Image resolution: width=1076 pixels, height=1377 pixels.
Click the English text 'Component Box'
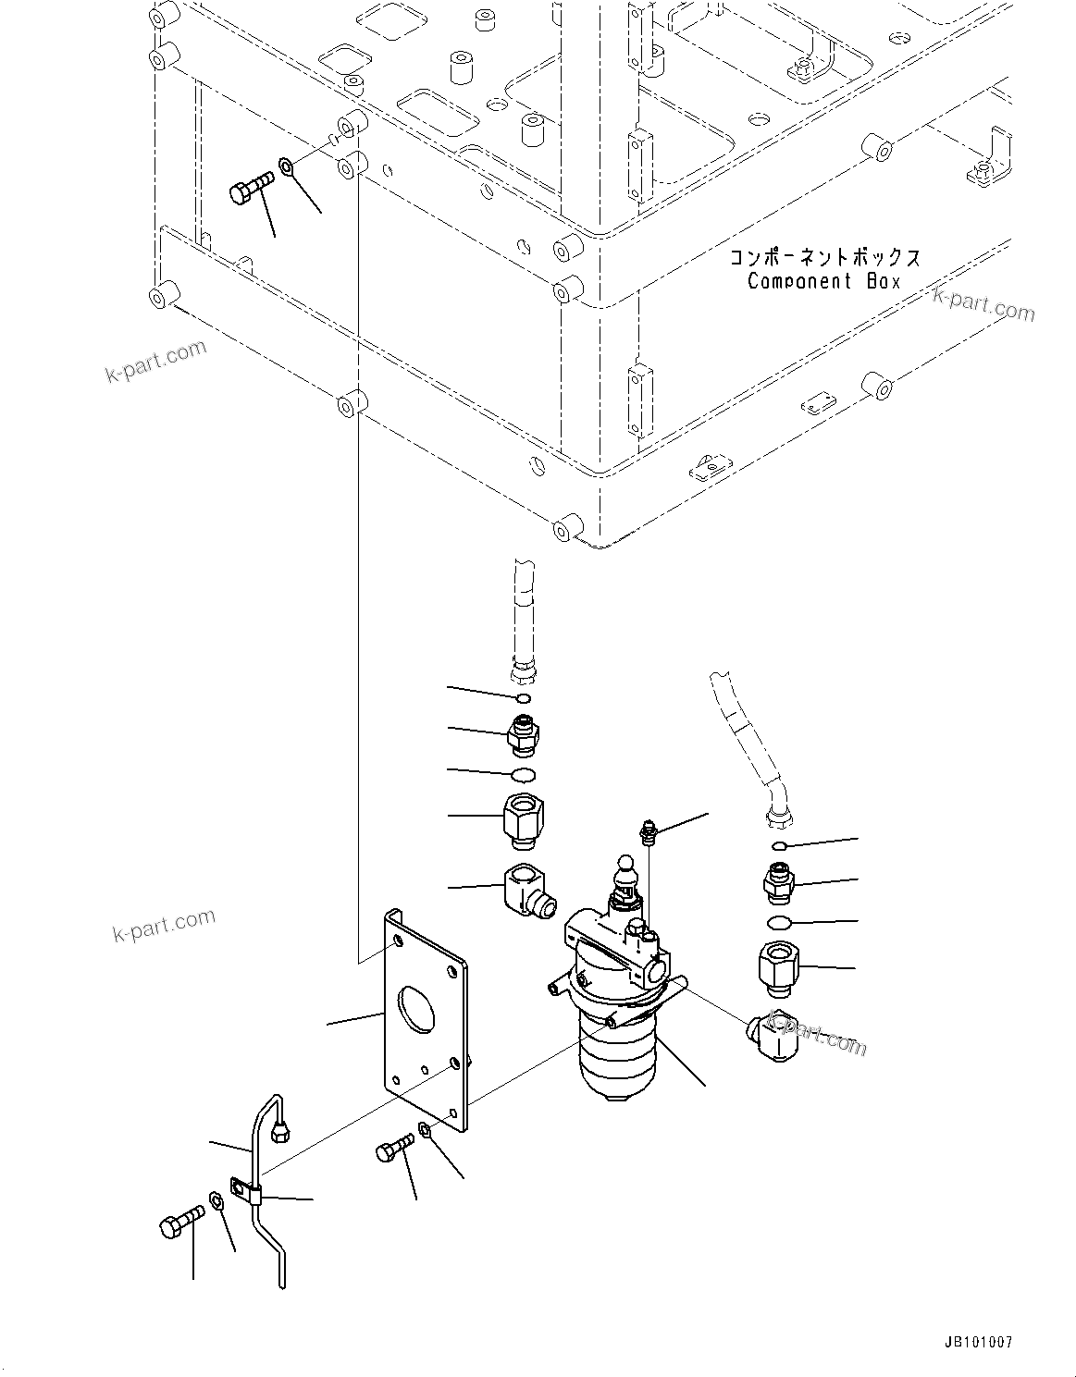[822, 281]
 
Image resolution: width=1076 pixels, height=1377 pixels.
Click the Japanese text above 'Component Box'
[824, 257]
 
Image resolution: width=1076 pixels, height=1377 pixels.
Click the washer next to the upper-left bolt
[287, 167]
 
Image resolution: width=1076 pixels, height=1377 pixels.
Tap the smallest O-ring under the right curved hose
[779, 845]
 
